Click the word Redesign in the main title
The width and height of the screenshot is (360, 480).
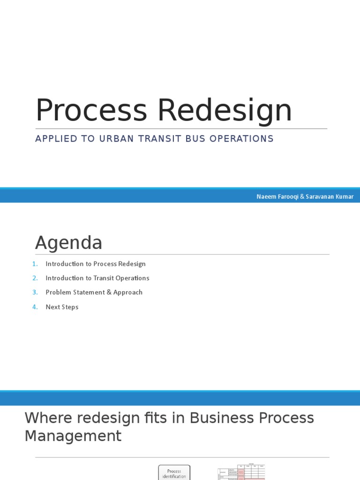coord(225,111)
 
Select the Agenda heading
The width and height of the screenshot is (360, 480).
coord(68,243)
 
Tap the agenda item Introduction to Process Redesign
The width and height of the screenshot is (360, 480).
coord(96,264)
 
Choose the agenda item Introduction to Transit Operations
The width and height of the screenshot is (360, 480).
coord(97,278)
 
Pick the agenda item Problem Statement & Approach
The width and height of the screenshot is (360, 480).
coord(94,292)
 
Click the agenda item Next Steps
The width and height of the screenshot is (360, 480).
coord(62,307)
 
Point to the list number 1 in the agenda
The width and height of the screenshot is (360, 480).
coord(35,264)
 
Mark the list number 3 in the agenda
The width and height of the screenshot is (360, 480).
coord(35,292)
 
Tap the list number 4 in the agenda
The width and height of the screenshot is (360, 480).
coord(35,307)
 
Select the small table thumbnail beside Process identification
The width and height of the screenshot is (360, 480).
coord(241,472)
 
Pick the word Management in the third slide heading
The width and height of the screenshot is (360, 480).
coord(73,436)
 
